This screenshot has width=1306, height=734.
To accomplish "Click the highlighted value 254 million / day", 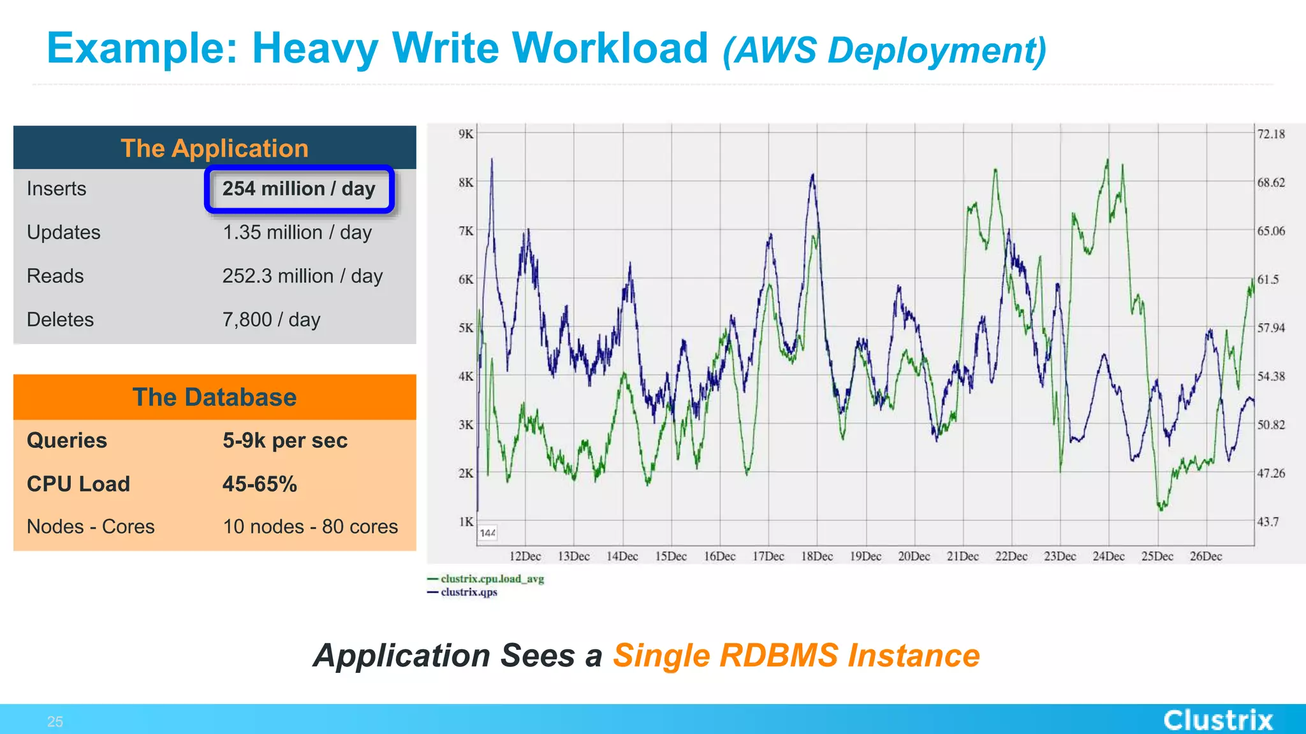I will point(298,189).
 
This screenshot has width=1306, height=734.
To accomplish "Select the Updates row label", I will point(64,233).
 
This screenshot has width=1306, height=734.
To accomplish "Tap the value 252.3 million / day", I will point(302,277).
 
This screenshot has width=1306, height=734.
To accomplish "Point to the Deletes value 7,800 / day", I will point(271,320).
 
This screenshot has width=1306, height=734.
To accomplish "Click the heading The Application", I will point(214,148).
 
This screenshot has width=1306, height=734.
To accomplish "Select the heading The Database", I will point(214,398).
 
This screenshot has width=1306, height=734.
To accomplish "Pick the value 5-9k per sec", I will point(284,441).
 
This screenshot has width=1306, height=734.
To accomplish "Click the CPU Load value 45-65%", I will point(260,484).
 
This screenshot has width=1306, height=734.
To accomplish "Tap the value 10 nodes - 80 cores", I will point(310,527).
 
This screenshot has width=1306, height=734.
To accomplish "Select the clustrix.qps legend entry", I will point(469,592).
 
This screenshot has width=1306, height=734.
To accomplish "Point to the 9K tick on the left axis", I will point(466,134).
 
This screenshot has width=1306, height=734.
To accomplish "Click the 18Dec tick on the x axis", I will point(817,556).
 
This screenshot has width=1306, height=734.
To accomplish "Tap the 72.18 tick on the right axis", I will point(1271,134).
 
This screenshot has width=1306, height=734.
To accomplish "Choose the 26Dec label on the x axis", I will point(1205,556).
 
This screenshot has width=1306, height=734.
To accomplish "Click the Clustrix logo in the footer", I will point(1218,720).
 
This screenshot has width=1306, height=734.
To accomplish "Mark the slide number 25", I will point(55,722).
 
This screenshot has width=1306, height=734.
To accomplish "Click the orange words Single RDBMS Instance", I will point(796,656).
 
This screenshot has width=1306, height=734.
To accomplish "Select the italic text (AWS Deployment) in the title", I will point(884,50).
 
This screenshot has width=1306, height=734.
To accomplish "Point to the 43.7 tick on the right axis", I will point(1268,522).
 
